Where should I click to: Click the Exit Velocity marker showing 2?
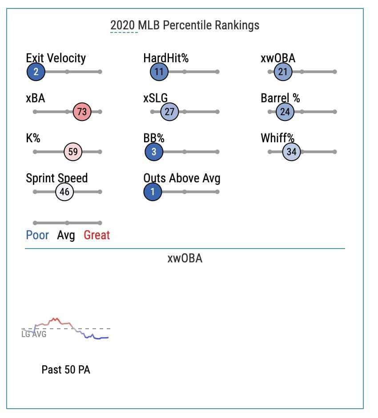click(x=36, y=72)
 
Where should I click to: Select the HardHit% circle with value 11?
click(x=159, y=72)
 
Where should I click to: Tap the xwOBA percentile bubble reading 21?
click(x=283, y=72)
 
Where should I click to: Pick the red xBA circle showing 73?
click(x=82, y=112)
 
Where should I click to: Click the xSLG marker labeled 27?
click(x=169, y=112)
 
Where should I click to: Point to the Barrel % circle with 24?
click(x=285, y=112)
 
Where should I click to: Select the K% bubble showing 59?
click(x=73, y=152)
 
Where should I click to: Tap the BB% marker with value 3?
click(x=154, y=152)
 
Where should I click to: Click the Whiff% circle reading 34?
click(x=291, y=152)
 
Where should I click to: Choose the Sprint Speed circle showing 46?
click(x=64, y=192)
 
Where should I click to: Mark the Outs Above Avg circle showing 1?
click(x=153, y=192)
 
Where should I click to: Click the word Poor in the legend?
click(x=37, y=235)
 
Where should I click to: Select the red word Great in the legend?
click(x=97, y=235)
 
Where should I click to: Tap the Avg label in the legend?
click(x=66, y=236)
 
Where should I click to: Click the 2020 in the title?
click(x=123, y=25)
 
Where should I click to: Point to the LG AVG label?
click(x=34, y=334)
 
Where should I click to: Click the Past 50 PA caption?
click(x=66, y=370)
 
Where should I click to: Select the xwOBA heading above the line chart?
click(x=185, y=258)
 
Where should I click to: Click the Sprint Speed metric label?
click(x=57, y=178)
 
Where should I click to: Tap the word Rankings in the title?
click(x=237, y=26)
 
